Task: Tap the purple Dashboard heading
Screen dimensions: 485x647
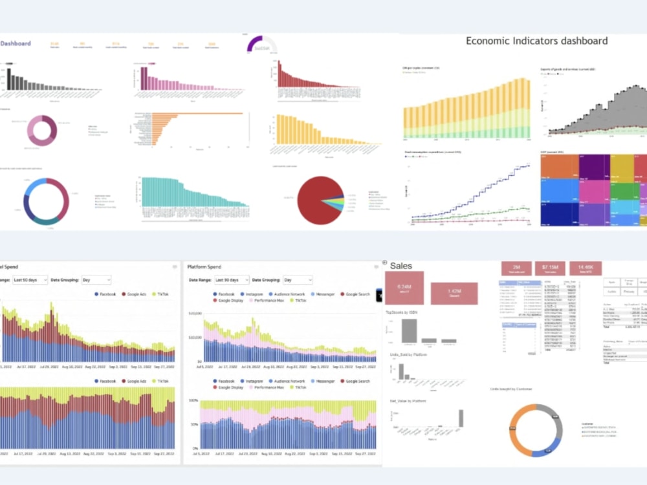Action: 16,43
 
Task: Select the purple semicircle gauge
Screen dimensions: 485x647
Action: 261,44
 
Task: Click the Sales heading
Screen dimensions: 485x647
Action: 401,266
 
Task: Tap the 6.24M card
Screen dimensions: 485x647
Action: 404,288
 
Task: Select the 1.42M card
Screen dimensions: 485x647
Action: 454,293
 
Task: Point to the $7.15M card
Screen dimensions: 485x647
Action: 549,268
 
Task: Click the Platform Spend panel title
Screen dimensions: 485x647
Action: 204,266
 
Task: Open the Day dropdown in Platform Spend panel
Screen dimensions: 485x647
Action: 297,280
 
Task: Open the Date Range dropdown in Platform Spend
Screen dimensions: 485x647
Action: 232,280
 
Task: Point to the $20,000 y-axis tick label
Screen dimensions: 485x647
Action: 194,313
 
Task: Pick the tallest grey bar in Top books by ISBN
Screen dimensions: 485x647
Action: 408,330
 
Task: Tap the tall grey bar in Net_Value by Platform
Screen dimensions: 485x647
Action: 461,418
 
